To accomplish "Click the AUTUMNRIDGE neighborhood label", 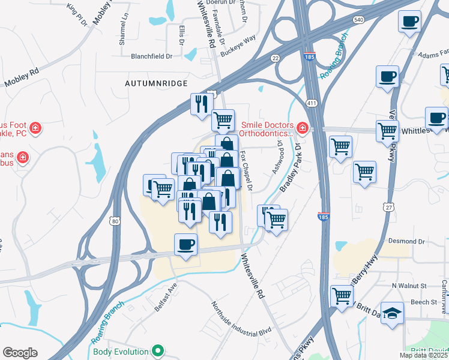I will (156, 83).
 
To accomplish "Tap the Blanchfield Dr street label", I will (152, 56).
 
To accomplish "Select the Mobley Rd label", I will (21, 77).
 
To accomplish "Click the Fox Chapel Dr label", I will (246, 170).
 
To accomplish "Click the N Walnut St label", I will (409, 286).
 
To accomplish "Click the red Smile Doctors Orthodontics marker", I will (302, 128).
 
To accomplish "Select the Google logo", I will (20, 353).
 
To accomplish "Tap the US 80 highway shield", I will (114, 221).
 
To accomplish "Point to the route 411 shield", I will (312, 104).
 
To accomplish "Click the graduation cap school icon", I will (393, 313).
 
